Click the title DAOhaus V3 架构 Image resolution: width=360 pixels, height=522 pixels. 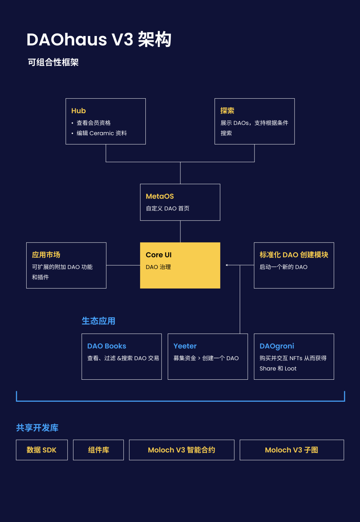pyautogui.click(x=99, y=40)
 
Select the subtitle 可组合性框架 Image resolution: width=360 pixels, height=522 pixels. pyautogui.click(x=53, y=62)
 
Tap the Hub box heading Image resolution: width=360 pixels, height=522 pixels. pyautogui.click(x=78, y=111)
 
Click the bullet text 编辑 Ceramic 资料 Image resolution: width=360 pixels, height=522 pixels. pyautogui.click(x=102, y=133)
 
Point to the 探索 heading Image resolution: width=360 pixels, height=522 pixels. pyautogui.click(x=227, y=111)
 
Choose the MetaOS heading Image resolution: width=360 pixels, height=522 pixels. pyautogui.click(x=160, y=196)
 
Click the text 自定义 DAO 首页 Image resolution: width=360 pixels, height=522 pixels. pyautogui.click(x=167, y=209)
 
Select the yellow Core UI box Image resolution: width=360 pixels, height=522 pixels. pyautogui.click(x=180, y=265)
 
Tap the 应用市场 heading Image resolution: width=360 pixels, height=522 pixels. pyautogui.click(x=46, y=255)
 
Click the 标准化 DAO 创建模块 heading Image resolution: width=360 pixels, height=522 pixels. pyautogui.click(x=294, y=255)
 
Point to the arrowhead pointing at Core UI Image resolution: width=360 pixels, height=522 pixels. pyautogui.click(x=227, y=265)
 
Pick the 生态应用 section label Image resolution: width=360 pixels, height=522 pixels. pyautogui.click(x=98, y=321)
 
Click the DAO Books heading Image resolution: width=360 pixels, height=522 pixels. pyautogui.click(x=107, y=346)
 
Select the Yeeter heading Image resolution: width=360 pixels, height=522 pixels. pyautogui.click(x=185, y=346)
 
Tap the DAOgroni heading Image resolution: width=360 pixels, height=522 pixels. pyautogui.click(x=277, y=346)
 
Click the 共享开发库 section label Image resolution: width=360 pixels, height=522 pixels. pyautogui.click(x=37, y=428)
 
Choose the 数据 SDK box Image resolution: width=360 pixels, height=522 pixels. pyautogui.click(x=42, y=450)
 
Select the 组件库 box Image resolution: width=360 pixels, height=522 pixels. pyautogui.click(x=98, y=450)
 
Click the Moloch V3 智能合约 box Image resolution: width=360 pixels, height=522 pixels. pyautogui.click(x=181, y=450)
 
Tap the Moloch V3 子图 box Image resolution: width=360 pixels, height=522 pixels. pyautogui.click(x=292, y=450)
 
